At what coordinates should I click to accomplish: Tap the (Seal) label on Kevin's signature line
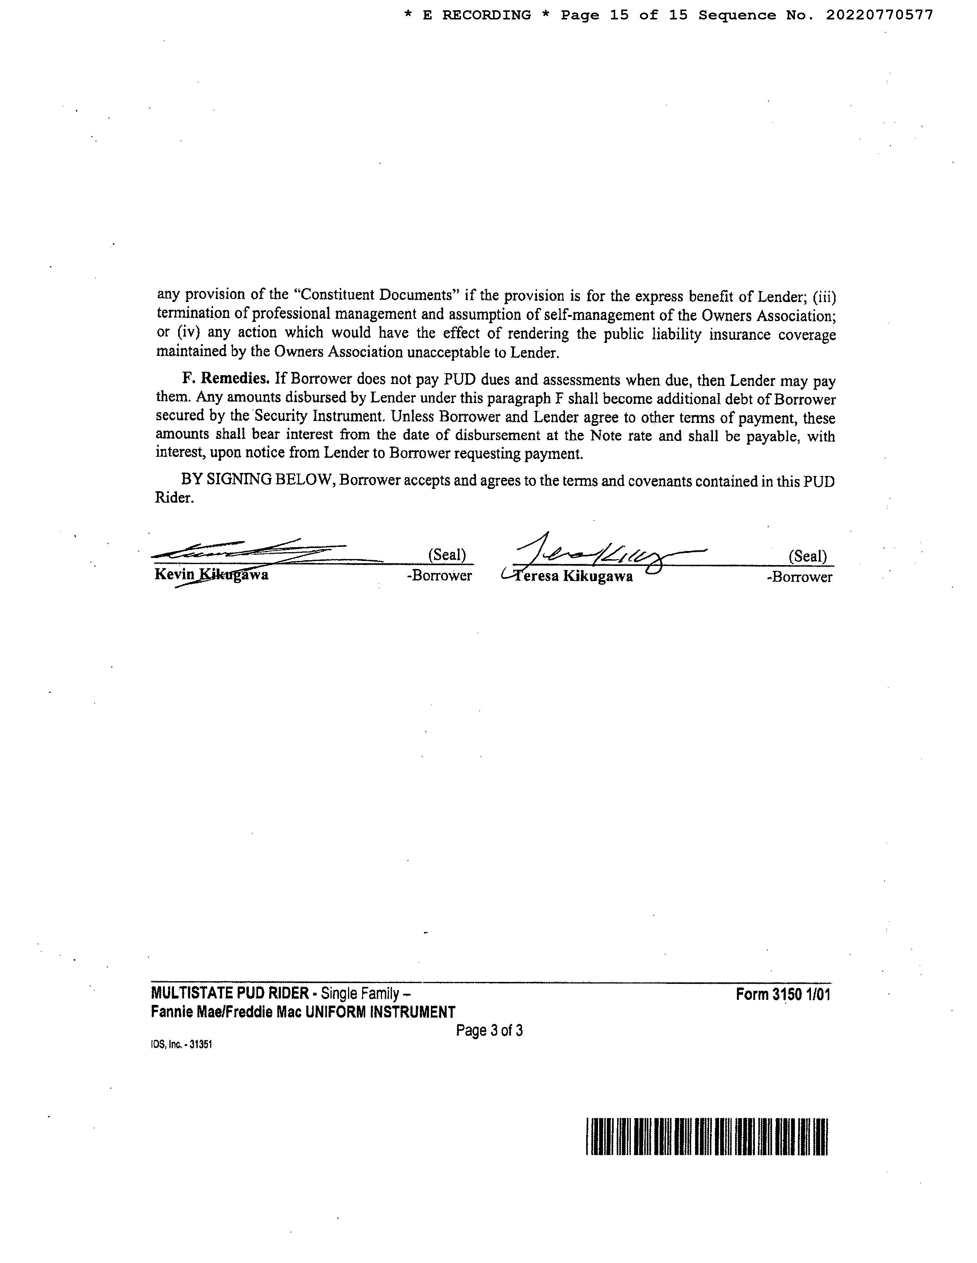(x=447, y=555)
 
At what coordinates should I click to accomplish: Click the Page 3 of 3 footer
(x=489, y=1030)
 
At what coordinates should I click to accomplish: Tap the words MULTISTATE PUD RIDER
(x=230, y=993)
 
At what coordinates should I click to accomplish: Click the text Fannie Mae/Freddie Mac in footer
(x=226, y=1012)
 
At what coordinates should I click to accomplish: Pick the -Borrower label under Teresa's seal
(x=799, y=577)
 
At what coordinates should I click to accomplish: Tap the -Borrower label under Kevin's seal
(x=439, y=576)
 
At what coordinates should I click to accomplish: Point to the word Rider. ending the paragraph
(x=174, y=498)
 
